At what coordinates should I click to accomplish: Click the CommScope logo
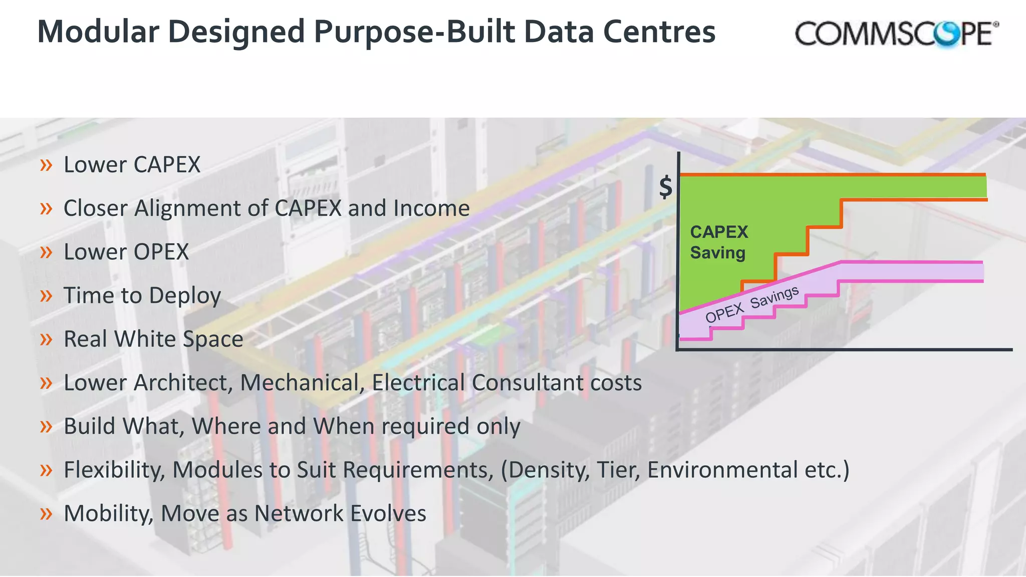(x=896, y=34)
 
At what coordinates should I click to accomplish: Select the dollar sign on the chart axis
(x=665, y=187)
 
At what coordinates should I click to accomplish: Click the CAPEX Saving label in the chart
(x=719, y=242)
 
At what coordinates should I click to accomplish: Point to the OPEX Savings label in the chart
(x=751, y=305)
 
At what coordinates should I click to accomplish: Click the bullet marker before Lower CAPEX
(x=46, y=165)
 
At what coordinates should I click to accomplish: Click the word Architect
(x=183, y=383)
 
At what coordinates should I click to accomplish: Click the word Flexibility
(x=114, y=470)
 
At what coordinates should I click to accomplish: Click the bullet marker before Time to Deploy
(x=46, y=296)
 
